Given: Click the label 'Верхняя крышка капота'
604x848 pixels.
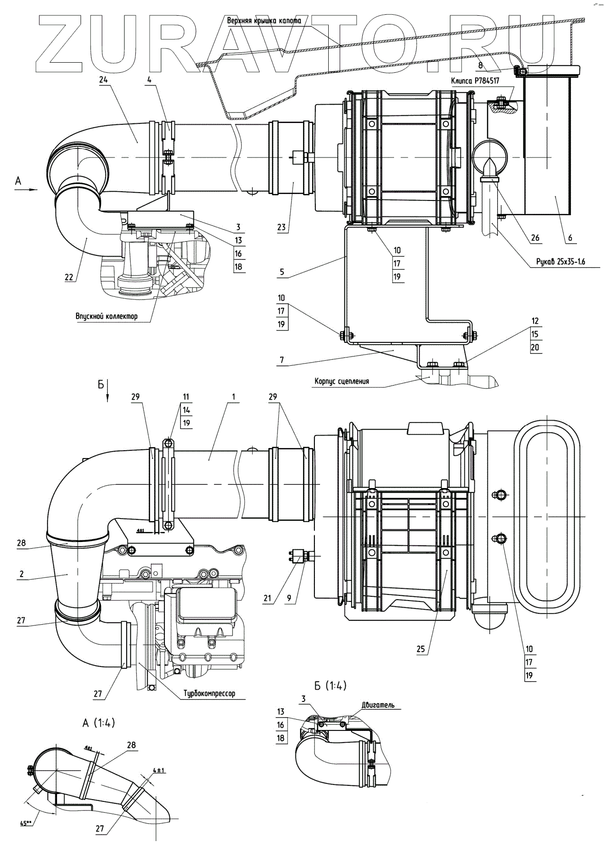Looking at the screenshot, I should click(264, 21).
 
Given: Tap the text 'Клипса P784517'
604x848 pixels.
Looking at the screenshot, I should click(475, 81).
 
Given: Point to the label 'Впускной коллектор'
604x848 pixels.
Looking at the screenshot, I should click(107, 316).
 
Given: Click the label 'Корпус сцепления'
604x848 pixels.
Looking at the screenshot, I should click(342, 381).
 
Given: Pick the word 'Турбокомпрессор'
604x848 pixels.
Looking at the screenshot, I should click(209, 693).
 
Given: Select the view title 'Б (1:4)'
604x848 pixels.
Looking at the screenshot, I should click(330, 685).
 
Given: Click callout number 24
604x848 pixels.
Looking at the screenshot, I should click(103, 79).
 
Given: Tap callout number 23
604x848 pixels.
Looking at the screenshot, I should click(281, 227).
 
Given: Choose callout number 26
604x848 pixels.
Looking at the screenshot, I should click(535, 238).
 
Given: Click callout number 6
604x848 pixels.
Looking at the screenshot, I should click(570, 238).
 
